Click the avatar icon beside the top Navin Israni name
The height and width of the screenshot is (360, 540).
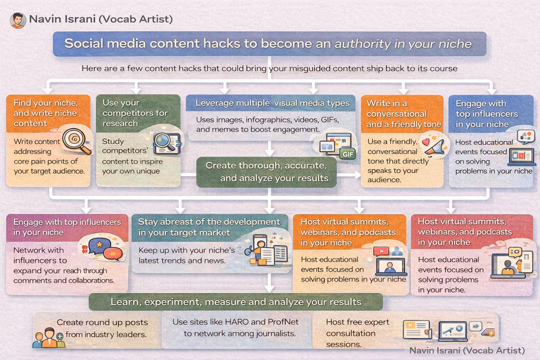(x=18, y=20)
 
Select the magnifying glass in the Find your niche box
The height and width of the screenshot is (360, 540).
(x=76, y=140)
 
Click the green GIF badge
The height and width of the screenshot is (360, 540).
(x=347, y=154)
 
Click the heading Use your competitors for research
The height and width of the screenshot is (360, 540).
(x=135, y=113)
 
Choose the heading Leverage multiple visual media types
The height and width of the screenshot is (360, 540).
(x=273, y=103)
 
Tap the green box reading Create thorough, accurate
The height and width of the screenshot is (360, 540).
(x=267, y=172)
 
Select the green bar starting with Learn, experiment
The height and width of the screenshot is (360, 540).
(x=236, y=302)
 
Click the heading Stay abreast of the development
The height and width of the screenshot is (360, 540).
(x=209, y=227)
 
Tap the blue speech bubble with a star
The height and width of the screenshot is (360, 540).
(x=99, y=246)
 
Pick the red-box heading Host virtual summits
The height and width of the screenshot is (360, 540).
(x=465, y=232)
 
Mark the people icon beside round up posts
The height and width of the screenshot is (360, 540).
(x=49, y=338)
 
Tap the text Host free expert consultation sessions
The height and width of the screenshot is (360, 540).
(x=358, y=333)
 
